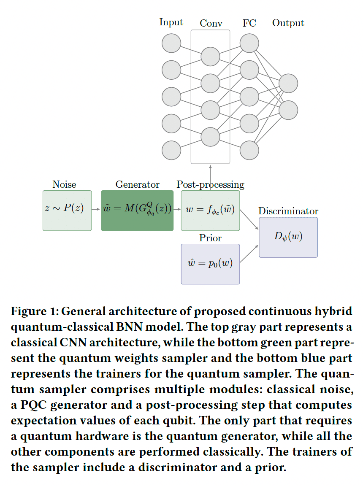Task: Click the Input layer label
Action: pyautogui.click(x=171, y=22)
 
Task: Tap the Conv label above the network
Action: pyautogui.click(x=211, y=23)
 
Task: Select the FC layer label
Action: pyautogui.click(x=249, y=23)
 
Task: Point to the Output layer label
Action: pyautogui.click(x=288, y=23)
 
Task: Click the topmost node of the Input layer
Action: pyautogui.click(x=171, y=43)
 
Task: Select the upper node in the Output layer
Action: pyautogui.click(x=288, y=83)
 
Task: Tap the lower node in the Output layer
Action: pyautogui.click(x=288, y=110)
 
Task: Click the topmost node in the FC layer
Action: pyautogui.click(x=249, y=43)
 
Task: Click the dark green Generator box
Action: pyautogui.click(x=137, y=210)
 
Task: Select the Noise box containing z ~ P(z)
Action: pyautogui.click(x=67, y=210)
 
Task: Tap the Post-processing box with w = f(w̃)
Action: pyautogui.click(x=210, y=210)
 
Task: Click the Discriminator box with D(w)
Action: pyautogui.click(x=288, y=237)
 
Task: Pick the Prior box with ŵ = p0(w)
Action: pyautogui.click(x=210, y=264)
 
